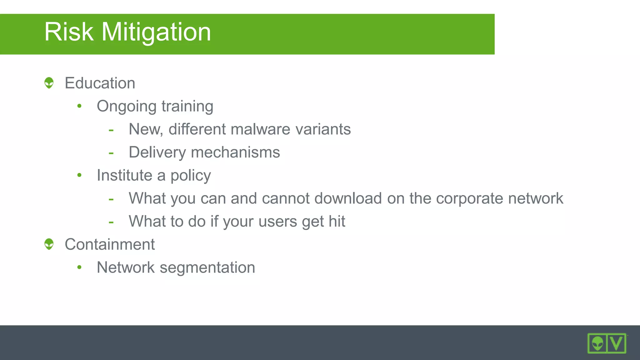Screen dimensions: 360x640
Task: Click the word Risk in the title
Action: pyautogui.click(x=69, y=32)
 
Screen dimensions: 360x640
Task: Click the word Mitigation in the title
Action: pyautogui.click(x=156, y=32)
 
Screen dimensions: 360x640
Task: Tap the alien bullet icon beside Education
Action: pyautogui.click(x=49, y=83)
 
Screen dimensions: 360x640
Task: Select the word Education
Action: pyautogui.click(x=100, y=83)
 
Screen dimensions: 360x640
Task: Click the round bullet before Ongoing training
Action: pyautogui.click(x=79, y=106)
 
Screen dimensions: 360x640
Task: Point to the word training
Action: pyautogui.click(x=187, y=107)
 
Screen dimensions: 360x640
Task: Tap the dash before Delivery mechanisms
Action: pyautogui.click(x=111, y=153)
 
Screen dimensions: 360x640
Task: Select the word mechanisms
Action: pyautogui.click(x=235, y=152)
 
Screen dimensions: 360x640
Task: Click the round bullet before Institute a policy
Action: pyautogui.click(x=79, y=175)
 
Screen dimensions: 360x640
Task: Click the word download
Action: pyautogui.click(x=348, y=198)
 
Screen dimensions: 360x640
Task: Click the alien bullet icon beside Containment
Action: pyautogui.click(x=49, y=244)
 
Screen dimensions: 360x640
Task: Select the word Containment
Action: pyautogui.click(x=110, y=244)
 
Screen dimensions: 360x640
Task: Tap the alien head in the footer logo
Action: pyautogui.click(x=597, y=343)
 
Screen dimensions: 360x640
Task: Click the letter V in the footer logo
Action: pyautogui.click(x=617, y=343)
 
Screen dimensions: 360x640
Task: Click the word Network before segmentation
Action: pyautogui.click(x=126, y=267)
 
